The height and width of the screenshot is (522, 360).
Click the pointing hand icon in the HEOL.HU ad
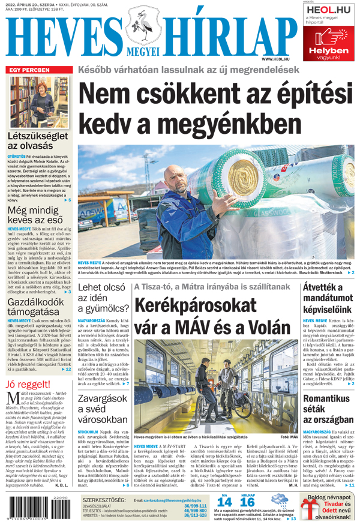click(x=324, y=38)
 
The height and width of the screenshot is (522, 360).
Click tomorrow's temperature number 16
click(x=247, y=502)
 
